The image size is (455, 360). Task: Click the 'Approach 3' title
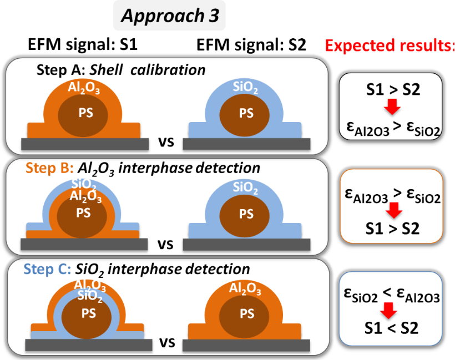coord(169,17)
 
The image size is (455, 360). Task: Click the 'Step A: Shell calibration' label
coord(121,70)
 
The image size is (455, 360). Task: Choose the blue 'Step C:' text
coord(46,269)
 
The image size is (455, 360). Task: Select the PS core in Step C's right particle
coord(246,314)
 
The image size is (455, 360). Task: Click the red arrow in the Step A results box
coord(391,105)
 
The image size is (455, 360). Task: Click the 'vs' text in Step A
coord(165,143)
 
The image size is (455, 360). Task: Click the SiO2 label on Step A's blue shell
coord(246,88)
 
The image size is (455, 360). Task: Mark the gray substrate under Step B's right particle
coord(246,245)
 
